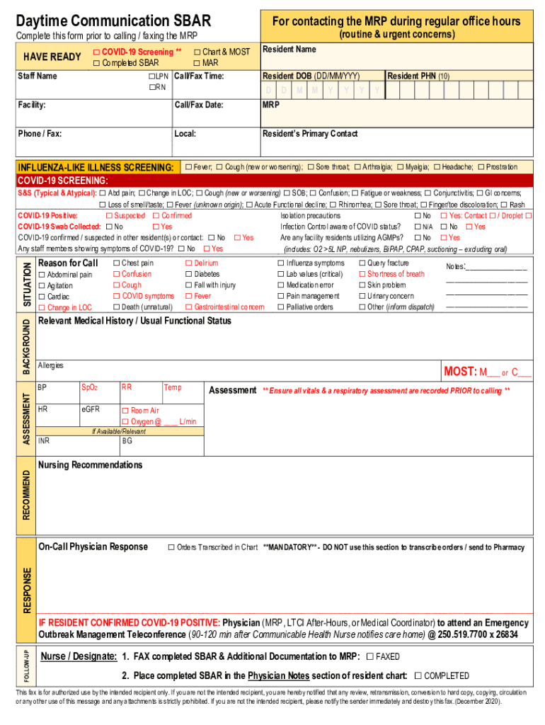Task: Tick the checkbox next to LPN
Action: pos(151,76)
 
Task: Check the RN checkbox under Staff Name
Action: pos(151,87)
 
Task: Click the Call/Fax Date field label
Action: pos(199,105)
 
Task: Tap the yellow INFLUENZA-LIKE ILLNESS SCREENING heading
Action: pos(96,167)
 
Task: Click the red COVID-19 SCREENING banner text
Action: pos(63,181)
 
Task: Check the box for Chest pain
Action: pos(117,263)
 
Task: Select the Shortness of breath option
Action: pos(362,274)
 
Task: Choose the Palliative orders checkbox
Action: pos(281,307)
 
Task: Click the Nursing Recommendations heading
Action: pos(90,465)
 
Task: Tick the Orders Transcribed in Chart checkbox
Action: pos(171,547)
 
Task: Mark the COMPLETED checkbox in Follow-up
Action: pos(418,675)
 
